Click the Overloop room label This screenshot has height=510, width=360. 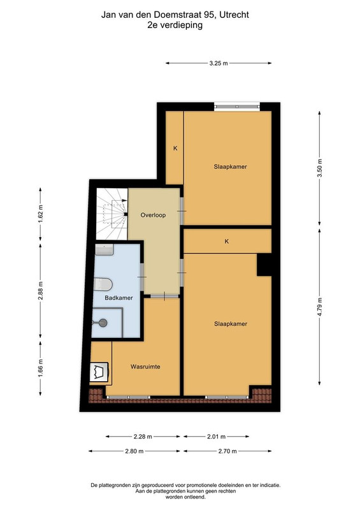tap(153, 215)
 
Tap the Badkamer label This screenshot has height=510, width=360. tap(119, 298)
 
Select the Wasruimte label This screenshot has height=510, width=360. tap(145, 367)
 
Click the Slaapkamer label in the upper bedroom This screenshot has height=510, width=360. tap(230, 167)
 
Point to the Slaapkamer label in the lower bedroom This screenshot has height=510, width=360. tap(231, 324)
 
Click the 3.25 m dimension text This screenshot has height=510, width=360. tap(219, 63)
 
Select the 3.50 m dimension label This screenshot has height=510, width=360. tap(320, 168)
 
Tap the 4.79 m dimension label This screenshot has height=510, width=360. tap(320, 307)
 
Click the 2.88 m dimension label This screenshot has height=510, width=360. tap(40, 291)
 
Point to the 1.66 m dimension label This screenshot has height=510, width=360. tap(40, 368)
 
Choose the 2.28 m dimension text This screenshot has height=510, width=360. tap(143, 437)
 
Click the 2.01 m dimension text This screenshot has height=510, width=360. tap(216, 437)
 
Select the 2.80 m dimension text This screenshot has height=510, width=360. tap(134, 451)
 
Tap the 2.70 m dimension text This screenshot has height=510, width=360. tap(227, 451)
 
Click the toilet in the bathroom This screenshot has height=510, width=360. tap(103, 284)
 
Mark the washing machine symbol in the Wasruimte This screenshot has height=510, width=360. tap(99, 372)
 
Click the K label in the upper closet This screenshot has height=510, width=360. tap(175, 149)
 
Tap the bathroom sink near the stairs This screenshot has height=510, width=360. tap(104, 250)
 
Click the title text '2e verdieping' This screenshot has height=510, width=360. tap(175, 25)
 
